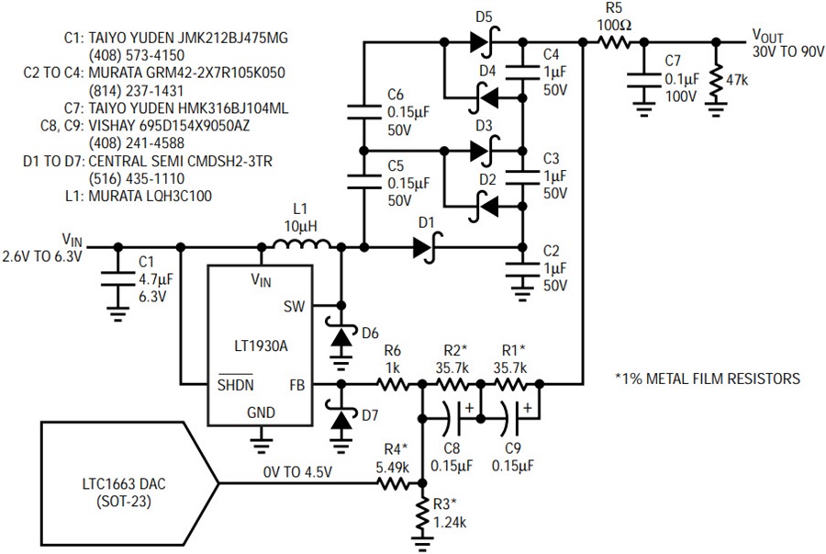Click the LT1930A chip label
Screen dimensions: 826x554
261,346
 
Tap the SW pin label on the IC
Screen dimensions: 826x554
294,306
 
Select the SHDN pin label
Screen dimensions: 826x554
236,384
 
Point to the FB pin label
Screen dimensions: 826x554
297,385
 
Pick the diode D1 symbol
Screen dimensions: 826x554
427,247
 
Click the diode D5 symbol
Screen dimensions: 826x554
485,41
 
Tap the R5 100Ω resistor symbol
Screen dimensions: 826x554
613,41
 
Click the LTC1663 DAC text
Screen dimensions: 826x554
124,483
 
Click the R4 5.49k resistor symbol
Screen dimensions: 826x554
393,483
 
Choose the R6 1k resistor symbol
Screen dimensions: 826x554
393,385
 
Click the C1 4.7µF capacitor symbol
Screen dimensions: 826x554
118,279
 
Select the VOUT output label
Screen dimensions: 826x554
767,36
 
